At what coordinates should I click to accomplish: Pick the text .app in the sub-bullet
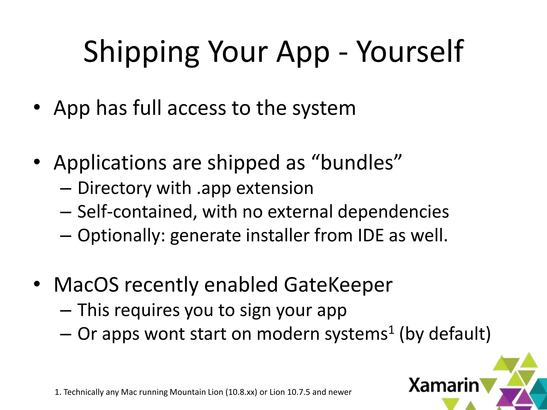[214, 188]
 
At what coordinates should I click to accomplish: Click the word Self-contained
[135, 211]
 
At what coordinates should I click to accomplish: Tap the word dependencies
[393, 211]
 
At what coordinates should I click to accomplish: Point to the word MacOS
[86, 285]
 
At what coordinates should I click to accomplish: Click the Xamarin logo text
[444, 385]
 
